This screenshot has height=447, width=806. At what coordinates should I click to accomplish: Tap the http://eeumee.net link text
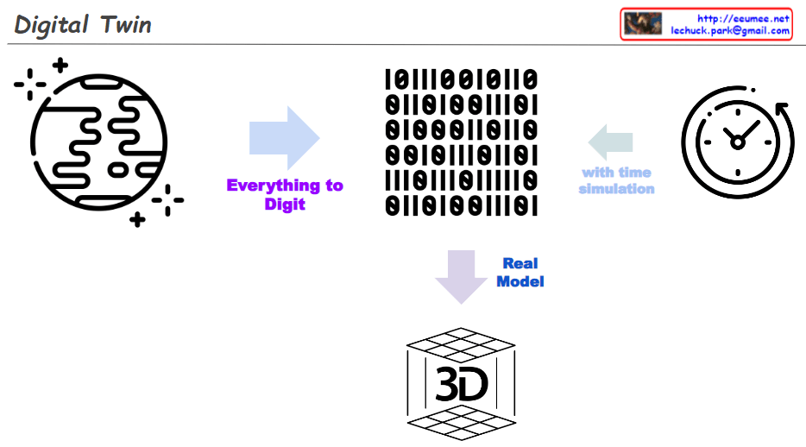pos(743,18)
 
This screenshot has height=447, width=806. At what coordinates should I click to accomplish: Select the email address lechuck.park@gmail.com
pos(730,30)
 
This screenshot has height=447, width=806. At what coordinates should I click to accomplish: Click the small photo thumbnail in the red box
pos(642,23)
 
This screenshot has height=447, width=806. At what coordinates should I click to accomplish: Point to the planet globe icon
pos(98,142)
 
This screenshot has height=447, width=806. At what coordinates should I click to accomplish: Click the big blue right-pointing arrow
pos(284,138)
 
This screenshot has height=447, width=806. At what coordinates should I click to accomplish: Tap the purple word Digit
pos(285,205)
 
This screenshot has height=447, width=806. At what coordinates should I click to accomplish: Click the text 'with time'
pos(616,173)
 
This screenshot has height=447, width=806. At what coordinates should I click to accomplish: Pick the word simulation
pos(616,189)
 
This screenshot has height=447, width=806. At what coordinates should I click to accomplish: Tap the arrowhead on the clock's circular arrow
pos(784,110)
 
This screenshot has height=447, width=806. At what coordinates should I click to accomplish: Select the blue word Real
pos(520,264)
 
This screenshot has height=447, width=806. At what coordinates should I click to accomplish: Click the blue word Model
pos(520,281)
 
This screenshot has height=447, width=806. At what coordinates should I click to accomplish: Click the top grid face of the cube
pos(461,343)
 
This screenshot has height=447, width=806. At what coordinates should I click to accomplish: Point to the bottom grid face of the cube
pos(461,423)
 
